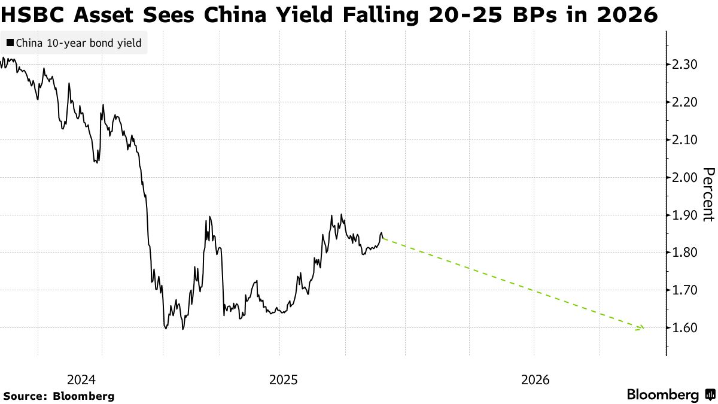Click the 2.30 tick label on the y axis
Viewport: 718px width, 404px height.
(x=684, y=65)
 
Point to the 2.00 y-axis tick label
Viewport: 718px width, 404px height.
(x=684, y=178)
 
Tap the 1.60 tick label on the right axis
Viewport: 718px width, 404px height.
(x=684, y=328)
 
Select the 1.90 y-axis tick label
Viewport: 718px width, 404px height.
(x=684, y=215)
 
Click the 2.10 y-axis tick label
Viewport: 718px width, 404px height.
(x=684, y=140)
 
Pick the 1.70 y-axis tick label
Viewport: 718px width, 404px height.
(x=684, y=290)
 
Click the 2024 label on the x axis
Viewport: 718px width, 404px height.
(x=81, y=379)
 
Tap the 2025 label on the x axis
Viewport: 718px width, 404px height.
(x=284, y=379)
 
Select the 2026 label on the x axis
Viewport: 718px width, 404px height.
(x=535, y=379)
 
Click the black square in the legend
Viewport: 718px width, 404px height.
(x=10, y=43)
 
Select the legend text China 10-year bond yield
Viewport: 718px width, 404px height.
(x=78, y=43)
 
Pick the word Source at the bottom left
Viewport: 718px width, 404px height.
(x=25, y=396)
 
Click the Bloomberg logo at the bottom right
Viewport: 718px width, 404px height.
(x=670, y=395)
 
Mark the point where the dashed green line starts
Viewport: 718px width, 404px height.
(x=383, y=239)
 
